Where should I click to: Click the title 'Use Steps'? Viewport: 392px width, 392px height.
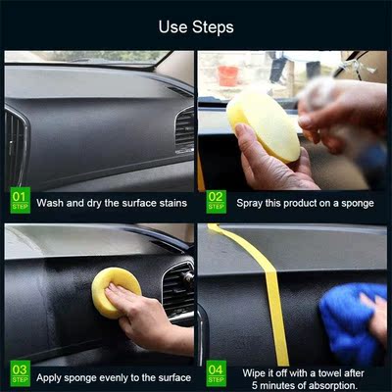(196, 26)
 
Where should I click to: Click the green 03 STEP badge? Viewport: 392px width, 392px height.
(19, 373)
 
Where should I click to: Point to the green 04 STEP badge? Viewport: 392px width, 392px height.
(217, 373)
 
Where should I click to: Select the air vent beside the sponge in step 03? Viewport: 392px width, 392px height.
(177, 291)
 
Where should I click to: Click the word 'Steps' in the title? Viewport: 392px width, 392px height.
(213, 26)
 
